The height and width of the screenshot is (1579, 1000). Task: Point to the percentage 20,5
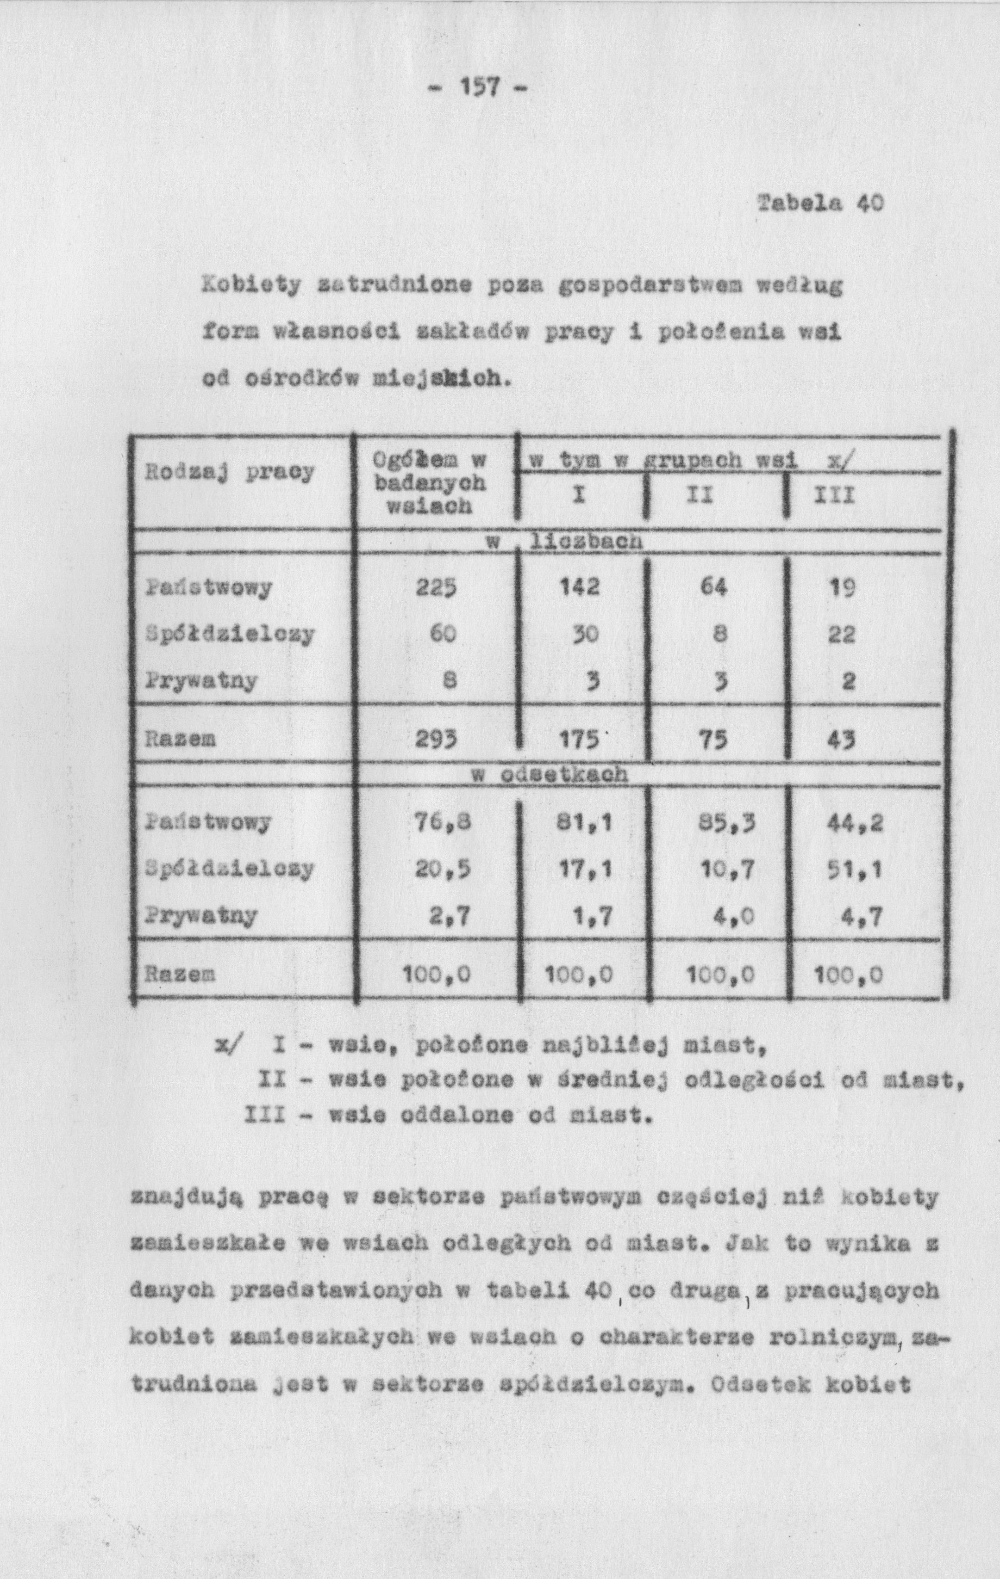[x=442, y=869]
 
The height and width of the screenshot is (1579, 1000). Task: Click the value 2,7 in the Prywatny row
[x=450, y=915]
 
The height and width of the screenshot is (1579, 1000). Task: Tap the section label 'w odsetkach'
[x=550, y=775]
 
